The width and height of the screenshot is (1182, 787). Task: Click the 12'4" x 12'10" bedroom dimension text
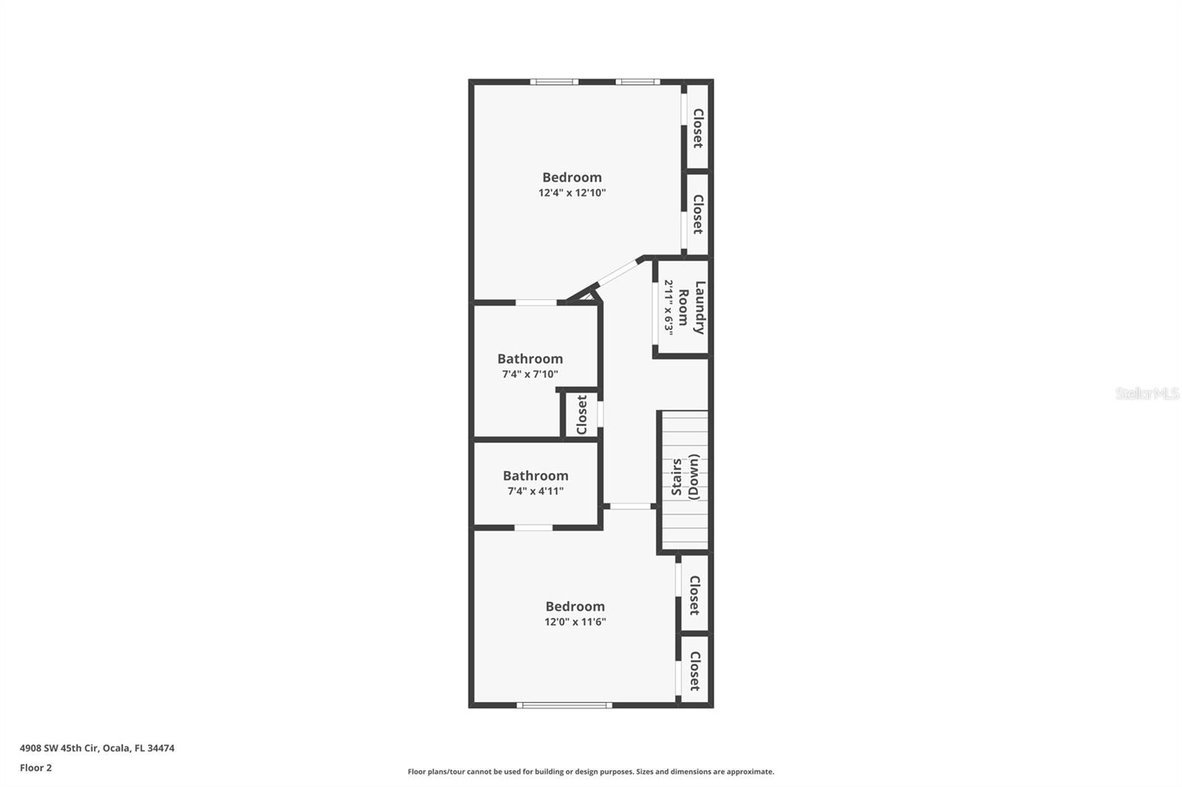pyautogui.click(x=572, y=193)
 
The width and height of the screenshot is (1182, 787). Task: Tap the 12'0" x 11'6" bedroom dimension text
pyautogui.click(x=575, y=622)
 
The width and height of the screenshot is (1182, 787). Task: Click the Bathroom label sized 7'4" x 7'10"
pyautogui.click(x=530, y=359)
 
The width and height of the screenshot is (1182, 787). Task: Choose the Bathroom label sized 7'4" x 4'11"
pyautogui.click(x=536, y=476)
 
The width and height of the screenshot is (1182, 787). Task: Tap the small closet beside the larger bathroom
pyautogui.click(x=581, y=415)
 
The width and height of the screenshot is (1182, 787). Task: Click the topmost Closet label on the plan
pyautogui.click(x=697, y=128)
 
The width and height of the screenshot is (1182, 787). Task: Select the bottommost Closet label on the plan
pyautogui.click(x=695, y=670)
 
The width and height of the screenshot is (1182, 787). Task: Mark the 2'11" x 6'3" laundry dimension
pyautogui.click(x=669, y=307)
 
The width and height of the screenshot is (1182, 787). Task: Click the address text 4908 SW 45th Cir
pyautogui.click(x=97, y=748)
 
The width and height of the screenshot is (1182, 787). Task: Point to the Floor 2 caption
pyautogui.click(x=35, y=768)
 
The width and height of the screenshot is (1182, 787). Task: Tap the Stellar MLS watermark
pyautogui.click(x=1147, y=393)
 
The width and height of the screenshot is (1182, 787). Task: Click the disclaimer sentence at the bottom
pyautogui.click(x=591, y=771)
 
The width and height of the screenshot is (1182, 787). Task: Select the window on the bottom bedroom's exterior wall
pyautogui.click(x=564, y=705)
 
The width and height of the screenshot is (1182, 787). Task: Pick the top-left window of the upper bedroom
pyautogui.click(x=554, y=81)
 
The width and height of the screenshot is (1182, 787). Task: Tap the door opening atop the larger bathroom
pyautogui.click(x=536, y=302)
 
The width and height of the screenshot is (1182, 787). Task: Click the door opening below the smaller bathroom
pyautogui.click(x=533, y=527)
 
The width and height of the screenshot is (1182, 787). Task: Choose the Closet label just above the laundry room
pyautogui.click(x=697, y=214)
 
